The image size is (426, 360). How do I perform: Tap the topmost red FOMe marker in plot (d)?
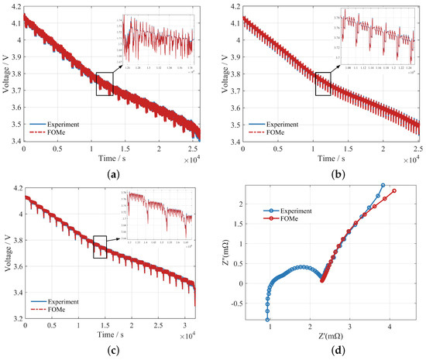pos(394,190)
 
